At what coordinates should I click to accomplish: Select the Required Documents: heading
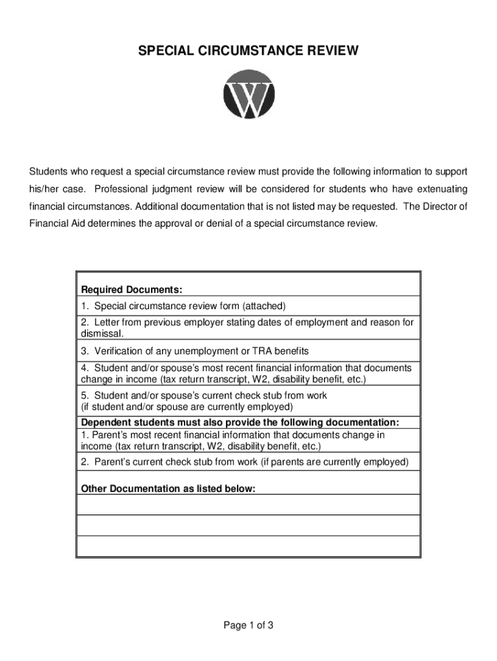(x=132, y=289)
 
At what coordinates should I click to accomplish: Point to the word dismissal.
(x=101, y=334)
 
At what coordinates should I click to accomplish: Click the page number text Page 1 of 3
(x=249, y=625)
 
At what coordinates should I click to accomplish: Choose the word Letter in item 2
(x=107, y=321)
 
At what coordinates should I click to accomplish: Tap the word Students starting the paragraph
(x=48, y=172)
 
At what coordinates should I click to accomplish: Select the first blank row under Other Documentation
(x=248, y=505)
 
